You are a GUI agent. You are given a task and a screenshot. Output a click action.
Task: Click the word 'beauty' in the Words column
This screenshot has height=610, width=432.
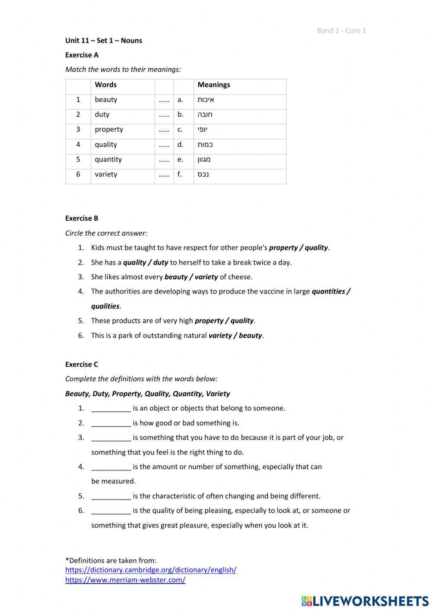pyautogui.click(x=106, y=100)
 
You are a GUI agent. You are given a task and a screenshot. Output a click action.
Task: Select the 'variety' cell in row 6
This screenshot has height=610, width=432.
pyautogui.click(x=106, y=174)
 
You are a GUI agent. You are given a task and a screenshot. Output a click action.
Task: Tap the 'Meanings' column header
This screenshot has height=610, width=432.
pyautogui.click(x=214, y=85)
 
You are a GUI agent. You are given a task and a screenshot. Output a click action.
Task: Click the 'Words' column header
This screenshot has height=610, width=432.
pyautogui.click(x=106, y=85)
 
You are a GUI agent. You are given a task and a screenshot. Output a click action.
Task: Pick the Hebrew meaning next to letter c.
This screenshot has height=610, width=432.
pyautogui.click(x=203, y=130)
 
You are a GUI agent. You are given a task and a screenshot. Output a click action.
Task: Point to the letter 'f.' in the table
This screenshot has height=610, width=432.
pyautogui.click(x=180, y=174)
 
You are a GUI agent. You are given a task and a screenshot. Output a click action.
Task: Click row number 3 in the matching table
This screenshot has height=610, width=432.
pyautogui.click(x=78, y=130)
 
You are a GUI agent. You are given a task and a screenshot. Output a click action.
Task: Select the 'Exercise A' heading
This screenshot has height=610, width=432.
pyautogui.click(x=82, y=55)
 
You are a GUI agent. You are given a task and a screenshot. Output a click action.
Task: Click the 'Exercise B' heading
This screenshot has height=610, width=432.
pyautogui.click(x=82, y=218)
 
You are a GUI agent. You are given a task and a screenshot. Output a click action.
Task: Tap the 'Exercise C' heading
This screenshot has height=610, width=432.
pyautogui.click(x=82, y=364)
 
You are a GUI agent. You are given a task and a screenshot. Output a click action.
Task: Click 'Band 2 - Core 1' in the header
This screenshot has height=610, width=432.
pyautogui.click(x=341, y=30)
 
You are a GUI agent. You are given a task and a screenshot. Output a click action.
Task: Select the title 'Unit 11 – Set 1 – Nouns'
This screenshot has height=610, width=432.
pyautogui.click(x=104, y=41)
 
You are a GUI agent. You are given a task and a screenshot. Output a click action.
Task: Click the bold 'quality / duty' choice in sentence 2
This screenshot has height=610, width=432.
pyautogui.click(x=146, y=262)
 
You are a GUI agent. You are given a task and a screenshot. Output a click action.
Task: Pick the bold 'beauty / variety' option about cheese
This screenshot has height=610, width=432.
pyautogui.click(x=191, y=277)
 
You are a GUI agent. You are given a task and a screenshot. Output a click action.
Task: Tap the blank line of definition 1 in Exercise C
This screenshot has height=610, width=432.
pyautogui.click(x=111, y=408)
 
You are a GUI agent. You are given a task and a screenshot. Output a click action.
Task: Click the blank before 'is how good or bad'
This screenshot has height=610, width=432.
pyautogui.click(x=111, y=423)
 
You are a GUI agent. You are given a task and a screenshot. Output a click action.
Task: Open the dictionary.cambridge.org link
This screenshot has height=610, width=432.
pyautogui.click(x=151, y=570)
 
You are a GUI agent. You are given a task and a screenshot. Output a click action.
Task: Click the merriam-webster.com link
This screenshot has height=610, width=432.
pyautogui.click(x=125, y=580)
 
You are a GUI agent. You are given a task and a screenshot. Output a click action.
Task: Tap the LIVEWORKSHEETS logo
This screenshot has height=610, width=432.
pyautogui.click(x=365, y=601)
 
